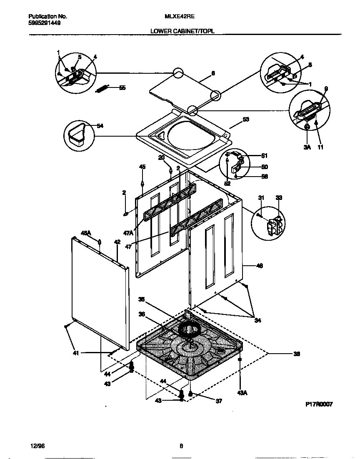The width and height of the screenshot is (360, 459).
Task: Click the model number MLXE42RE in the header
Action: pos(180,17)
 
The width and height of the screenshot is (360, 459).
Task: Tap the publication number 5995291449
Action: pos(44,23)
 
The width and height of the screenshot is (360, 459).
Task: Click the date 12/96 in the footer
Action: pos(37,446)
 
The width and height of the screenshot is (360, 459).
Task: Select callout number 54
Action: pos(100,125)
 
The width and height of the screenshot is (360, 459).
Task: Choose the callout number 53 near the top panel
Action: pos(246,119)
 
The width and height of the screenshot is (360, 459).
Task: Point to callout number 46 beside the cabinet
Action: pos(259,265)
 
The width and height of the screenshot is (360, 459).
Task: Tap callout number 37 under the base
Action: pos(218,401)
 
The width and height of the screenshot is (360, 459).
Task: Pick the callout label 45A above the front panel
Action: pos(86,234)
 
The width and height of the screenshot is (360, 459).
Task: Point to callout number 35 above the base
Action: pos(142,299)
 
